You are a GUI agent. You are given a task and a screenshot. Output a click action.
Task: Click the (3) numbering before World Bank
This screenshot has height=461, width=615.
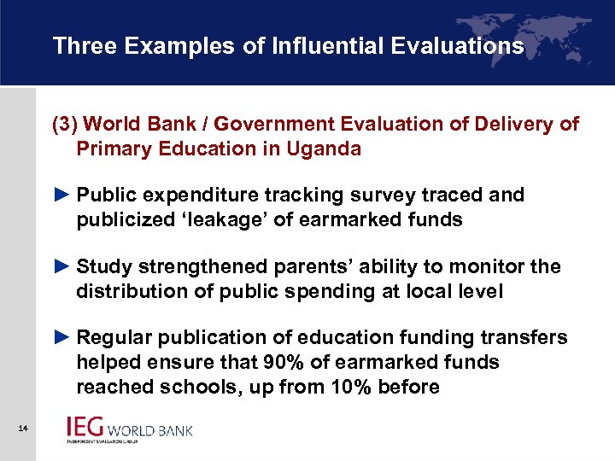pos(66,124)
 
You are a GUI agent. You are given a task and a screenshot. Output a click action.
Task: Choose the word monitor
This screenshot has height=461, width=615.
pos(493,266)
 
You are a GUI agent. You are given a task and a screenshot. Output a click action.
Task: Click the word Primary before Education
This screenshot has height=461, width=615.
pos(112,149)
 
